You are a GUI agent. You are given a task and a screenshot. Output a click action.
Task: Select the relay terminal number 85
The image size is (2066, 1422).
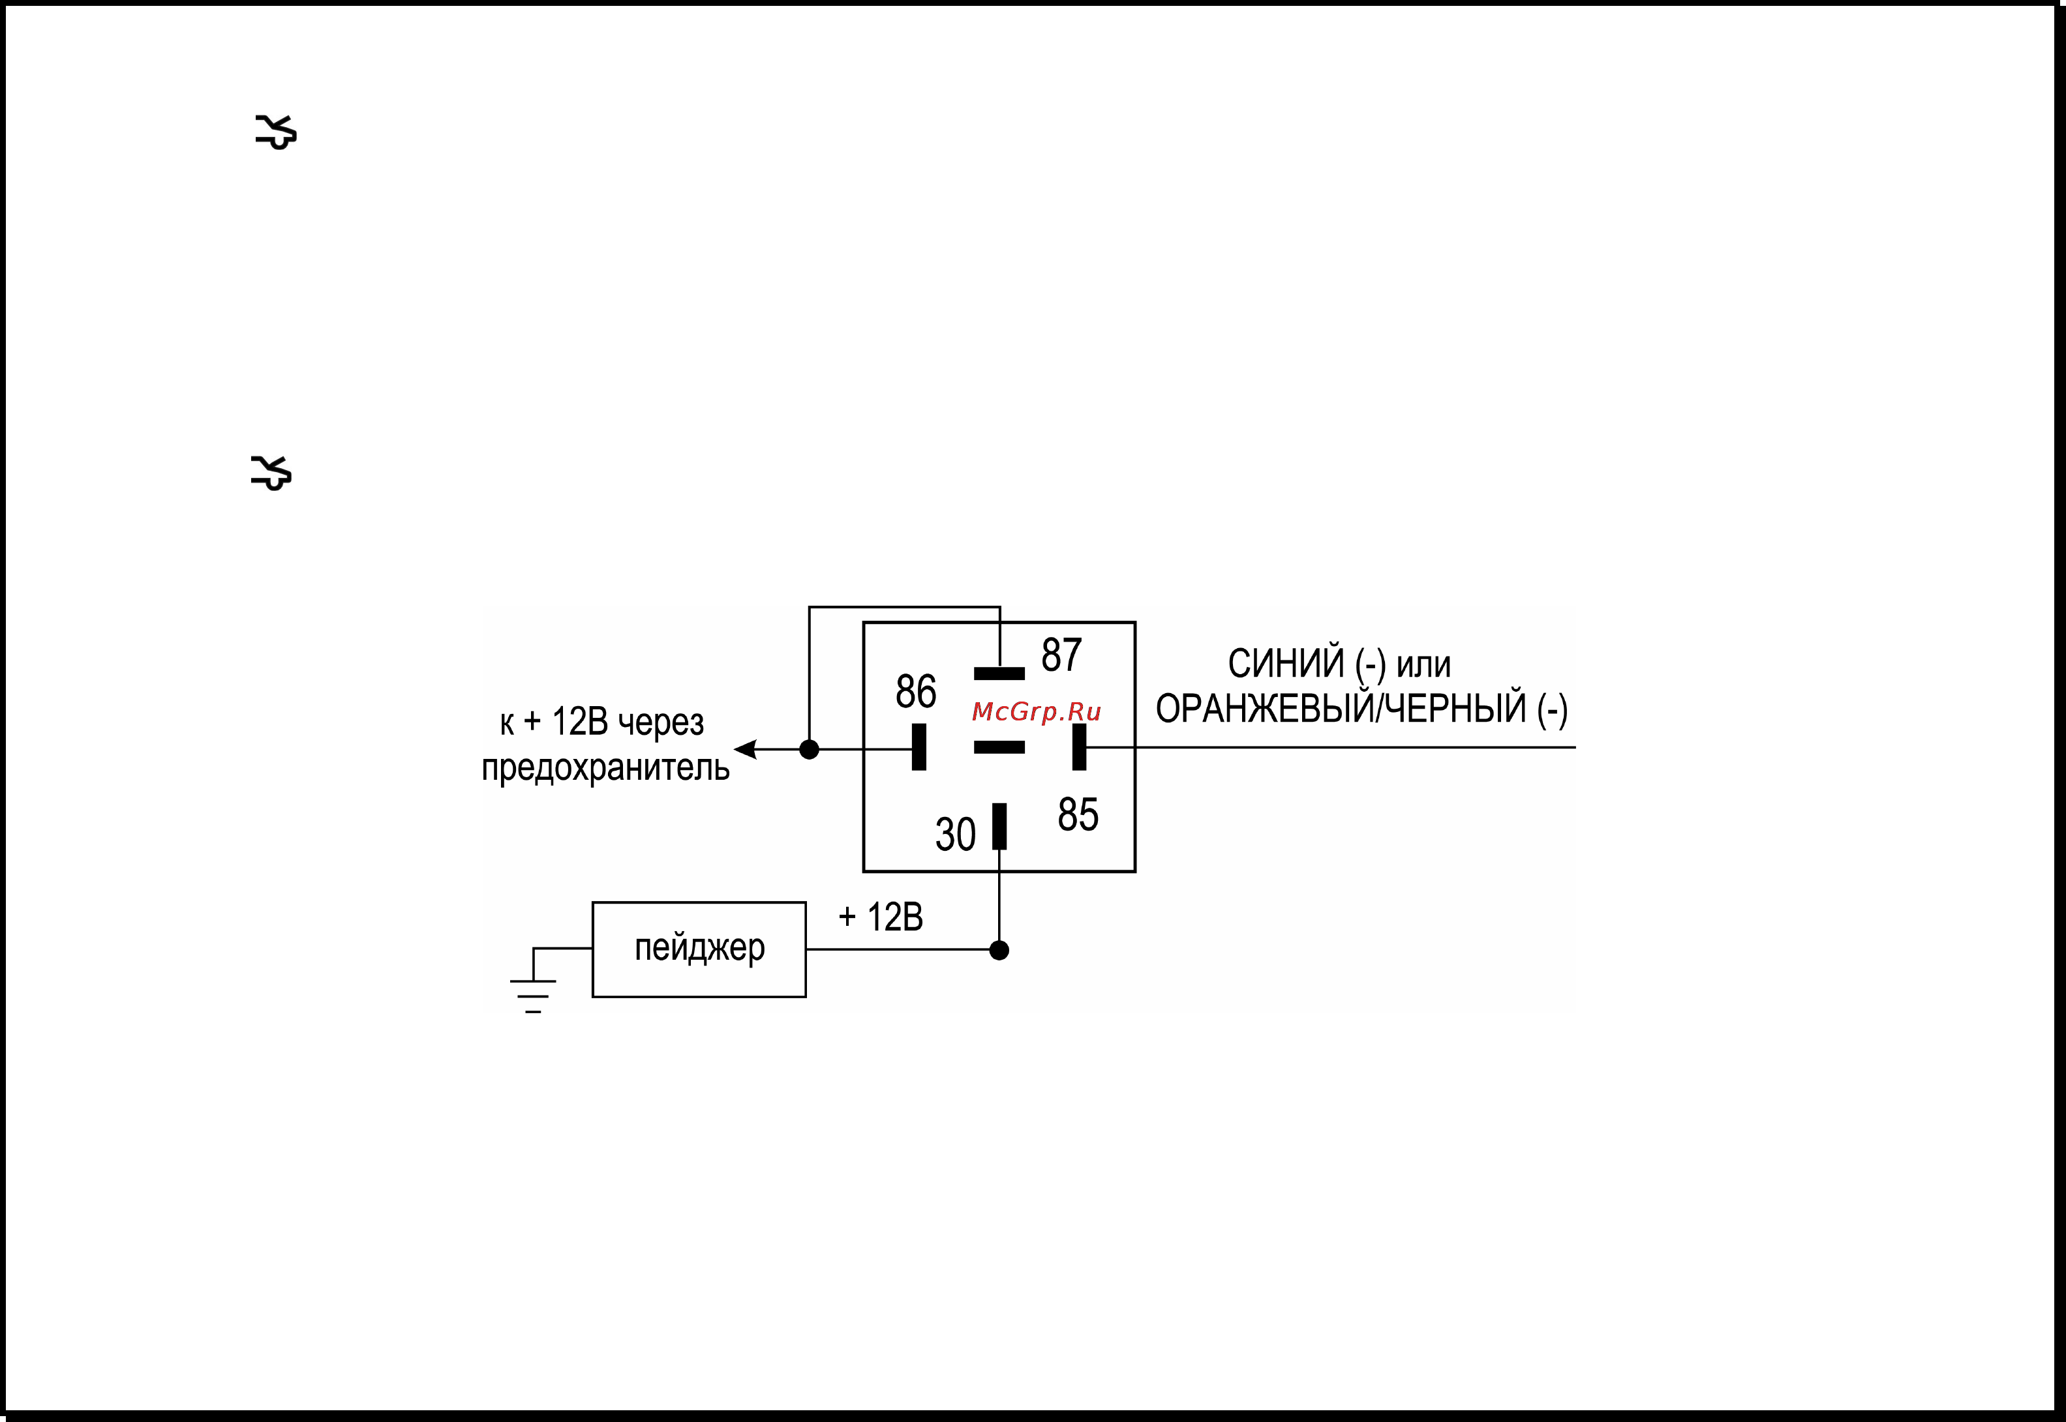tap(1078, 814)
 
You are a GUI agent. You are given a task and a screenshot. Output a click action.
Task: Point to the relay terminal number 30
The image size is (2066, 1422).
tap(954, 835)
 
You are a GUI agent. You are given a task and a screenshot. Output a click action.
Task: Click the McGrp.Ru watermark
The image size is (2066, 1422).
tap(1037, 711)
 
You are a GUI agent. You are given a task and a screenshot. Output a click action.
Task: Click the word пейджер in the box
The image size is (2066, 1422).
tap(700, 948)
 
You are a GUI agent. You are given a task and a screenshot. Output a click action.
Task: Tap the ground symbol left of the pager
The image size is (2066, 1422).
tap(533, 997)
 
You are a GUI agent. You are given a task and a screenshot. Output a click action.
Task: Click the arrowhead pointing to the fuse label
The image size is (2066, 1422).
tap(745, 749)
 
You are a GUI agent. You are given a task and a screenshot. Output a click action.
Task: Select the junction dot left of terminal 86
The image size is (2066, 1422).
tap(810, 749)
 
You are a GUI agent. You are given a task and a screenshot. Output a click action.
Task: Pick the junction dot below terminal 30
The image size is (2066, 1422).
tap(999, 951)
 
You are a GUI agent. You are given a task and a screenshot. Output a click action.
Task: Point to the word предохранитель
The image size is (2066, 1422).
tap(605, 768)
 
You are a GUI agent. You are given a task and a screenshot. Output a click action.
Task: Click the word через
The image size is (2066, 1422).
tap(660, 722)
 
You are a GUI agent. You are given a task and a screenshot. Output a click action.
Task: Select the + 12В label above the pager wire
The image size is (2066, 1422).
tap(881, 917)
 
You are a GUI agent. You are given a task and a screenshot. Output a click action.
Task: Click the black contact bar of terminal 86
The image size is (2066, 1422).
tap(919, 747)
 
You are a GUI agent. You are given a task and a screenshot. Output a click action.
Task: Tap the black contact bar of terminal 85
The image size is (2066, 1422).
tap(1080, 747)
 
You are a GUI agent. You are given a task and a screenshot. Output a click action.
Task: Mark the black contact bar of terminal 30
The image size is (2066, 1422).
tap(999, 826)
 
